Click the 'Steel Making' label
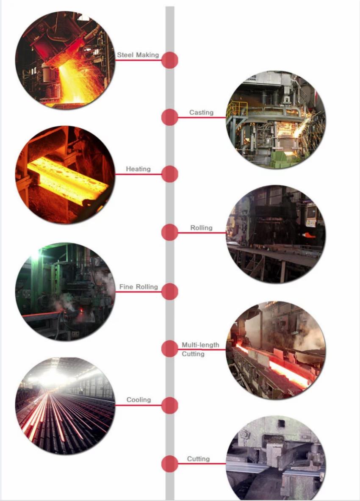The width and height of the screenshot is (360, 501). pyautogui.click(x=138, y=55)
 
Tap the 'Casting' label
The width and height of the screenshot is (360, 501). pyautogui.click(x=201, y=113)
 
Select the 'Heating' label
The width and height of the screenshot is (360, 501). pyautogui.click(x=138, y=169)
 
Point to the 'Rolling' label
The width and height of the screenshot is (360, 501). pyautogui.click(x=201, y=228)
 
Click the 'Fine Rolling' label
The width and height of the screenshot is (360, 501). pyautogui.click(x=138, y=287)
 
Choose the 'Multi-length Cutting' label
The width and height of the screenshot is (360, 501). pyautogui.click(x=200, y=349)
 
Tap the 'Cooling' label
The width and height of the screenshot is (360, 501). pyautogui.click(x=138, y=400)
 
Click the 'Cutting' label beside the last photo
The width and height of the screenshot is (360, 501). pyautogui.click(x=198, y=459)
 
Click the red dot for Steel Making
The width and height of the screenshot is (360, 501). pyautogui.click(x=169, y=60)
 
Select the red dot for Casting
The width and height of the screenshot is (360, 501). pyautogui.click(x=169, y=117)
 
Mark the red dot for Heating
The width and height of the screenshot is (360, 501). pyautogui.click(x=169, y=174)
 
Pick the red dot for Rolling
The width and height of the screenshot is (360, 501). pyautogui.click(x=169, y=232)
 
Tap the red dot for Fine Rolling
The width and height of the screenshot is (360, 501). pyautogui.click(x=169, y=291)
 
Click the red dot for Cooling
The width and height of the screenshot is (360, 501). pyautogui.click(x=169, y=405)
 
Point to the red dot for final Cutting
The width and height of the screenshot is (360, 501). pyautogui.click(x=169, y=464)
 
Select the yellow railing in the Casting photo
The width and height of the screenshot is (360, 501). pyautogui.click(x=237, y=109)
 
